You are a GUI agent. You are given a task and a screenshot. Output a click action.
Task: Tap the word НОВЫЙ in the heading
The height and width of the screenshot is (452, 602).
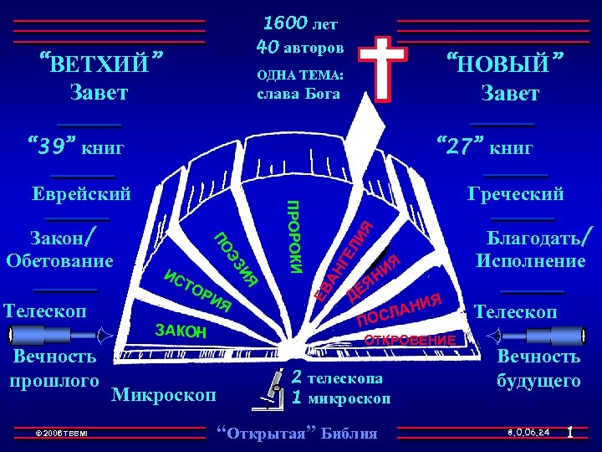pyautogui.click(x=505, y=63)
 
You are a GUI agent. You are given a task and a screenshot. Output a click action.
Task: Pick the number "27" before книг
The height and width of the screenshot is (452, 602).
pyautogui.click(x=459, y=148)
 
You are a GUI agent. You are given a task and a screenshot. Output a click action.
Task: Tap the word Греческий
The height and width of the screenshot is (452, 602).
pyautogui.click(x=516, y=194)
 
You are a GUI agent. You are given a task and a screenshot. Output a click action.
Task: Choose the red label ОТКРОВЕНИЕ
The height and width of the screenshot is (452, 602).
pyautogui.click(x=410, y=341)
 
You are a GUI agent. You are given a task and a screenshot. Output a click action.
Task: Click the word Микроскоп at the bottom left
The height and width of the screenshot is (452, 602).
pyautogui.click(x=163, y=393)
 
